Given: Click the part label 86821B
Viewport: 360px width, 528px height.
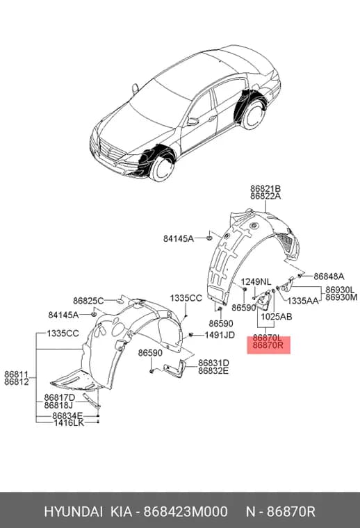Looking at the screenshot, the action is [x=265, y=189].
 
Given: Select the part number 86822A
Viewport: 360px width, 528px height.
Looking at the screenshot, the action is [x=265, y=197].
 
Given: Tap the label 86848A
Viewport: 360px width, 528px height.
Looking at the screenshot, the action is [x=329, y=277].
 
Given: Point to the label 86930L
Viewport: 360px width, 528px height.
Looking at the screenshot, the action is [x=340, y=290].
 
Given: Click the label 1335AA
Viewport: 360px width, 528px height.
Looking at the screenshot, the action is [x=303, y=300].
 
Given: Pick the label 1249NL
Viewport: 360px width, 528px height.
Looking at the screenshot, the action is [x=256, y=281].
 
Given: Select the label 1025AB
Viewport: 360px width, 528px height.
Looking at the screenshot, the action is [x=277, y=317].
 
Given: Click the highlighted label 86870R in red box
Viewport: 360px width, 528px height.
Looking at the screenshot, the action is [x=268, y=345].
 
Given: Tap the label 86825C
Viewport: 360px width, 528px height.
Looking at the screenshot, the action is [x=88, y=301].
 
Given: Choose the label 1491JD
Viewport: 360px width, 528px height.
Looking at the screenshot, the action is [x=220, y=335].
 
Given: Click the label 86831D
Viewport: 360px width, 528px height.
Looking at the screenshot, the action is [x=213, y=363].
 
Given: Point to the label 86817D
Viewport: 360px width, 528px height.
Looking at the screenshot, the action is [x=60, y=397].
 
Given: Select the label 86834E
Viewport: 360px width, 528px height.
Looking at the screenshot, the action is [x=67, y=416].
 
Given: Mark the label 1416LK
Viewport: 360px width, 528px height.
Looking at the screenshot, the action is [x=69, y=422].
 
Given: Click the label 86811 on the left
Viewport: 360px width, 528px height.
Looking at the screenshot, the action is [x=16, y=374].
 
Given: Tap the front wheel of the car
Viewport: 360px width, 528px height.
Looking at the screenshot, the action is [x=163, y=167].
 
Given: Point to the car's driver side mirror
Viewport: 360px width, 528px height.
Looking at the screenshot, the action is [x=193, y=121].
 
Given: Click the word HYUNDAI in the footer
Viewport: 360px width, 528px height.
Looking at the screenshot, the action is [x=73, y=512].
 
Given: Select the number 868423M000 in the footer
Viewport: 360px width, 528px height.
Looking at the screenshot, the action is [x=186, y=512].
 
